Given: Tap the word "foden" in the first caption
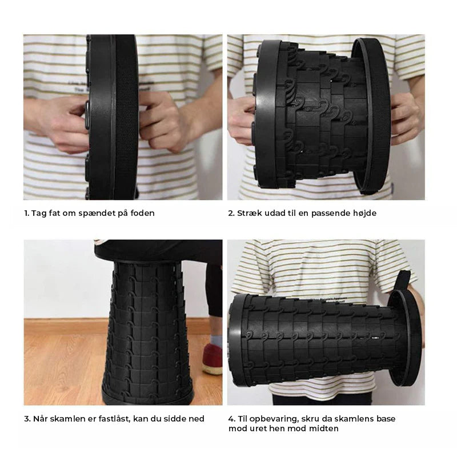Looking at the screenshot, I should click(142, 213).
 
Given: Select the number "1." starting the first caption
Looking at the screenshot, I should click(26, 213).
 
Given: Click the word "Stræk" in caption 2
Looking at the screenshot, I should click(250, 213).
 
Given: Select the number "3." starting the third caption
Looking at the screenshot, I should click(27, 419).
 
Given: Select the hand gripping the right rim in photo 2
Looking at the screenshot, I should click(405, 114).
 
